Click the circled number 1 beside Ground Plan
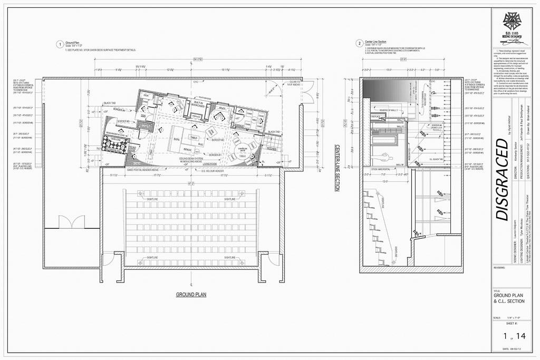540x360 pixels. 61,44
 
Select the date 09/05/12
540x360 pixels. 513,349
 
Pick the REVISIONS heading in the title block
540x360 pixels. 500,267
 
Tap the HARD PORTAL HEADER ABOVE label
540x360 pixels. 145,169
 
